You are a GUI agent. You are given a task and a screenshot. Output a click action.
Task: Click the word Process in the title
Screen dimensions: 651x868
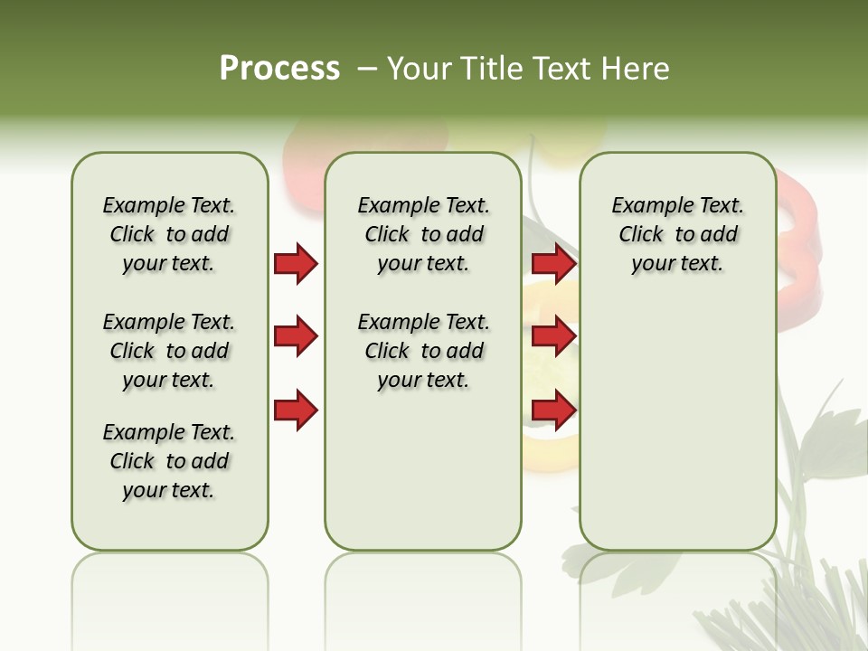279,69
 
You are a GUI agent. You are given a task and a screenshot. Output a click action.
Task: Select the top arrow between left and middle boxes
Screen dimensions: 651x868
296,264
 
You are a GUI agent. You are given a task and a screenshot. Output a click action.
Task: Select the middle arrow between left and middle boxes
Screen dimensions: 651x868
296,336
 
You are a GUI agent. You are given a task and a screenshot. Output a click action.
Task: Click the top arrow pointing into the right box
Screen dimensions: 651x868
553,264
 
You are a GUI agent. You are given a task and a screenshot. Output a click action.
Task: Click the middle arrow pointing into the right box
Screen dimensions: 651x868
553,336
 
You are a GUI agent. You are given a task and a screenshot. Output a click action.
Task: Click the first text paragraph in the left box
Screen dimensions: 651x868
169,234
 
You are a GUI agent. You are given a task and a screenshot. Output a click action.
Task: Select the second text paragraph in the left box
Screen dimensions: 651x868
169,351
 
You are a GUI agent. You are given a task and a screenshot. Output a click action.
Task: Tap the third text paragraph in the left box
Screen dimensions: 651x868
169,461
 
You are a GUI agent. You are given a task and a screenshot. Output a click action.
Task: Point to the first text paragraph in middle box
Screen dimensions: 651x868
423,234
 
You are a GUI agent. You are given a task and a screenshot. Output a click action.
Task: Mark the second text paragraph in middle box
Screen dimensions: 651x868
423,351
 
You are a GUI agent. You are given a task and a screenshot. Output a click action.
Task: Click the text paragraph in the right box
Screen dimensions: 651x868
678,234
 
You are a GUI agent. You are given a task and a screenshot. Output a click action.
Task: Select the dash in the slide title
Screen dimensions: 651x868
367,69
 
